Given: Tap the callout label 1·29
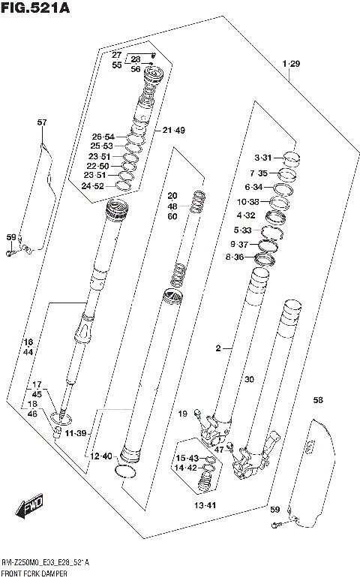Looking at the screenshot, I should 291,65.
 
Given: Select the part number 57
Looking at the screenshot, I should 41,122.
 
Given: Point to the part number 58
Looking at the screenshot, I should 318,400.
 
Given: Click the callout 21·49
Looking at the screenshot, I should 173,130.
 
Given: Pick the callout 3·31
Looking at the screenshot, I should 265,158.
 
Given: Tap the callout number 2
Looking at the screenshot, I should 217,348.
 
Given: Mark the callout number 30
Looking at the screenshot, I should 250,379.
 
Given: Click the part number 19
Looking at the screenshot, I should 182,414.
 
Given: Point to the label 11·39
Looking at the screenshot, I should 76,434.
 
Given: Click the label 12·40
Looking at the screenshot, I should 100,456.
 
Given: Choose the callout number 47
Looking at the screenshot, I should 198,450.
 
